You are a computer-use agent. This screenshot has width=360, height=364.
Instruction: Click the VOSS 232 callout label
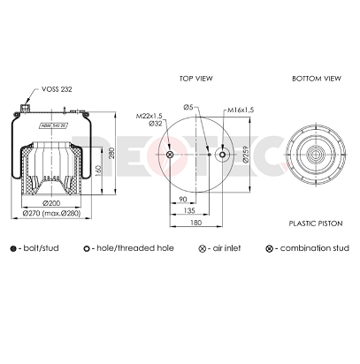pyautogui.click(x=57, y=90)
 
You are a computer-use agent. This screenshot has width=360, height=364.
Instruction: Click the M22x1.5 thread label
pyautogui.click(x=150, y=116)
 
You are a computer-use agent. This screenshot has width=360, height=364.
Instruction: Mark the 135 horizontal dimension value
pyautogui.click(x=190, y=210)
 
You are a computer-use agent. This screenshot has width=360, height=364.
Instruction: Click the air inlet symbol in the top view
pyautogui.click(x=171, y=156)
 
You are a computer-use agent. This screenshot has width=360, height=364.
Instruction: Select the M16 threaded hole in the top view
pyautogui.click(x=238, y=156)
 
